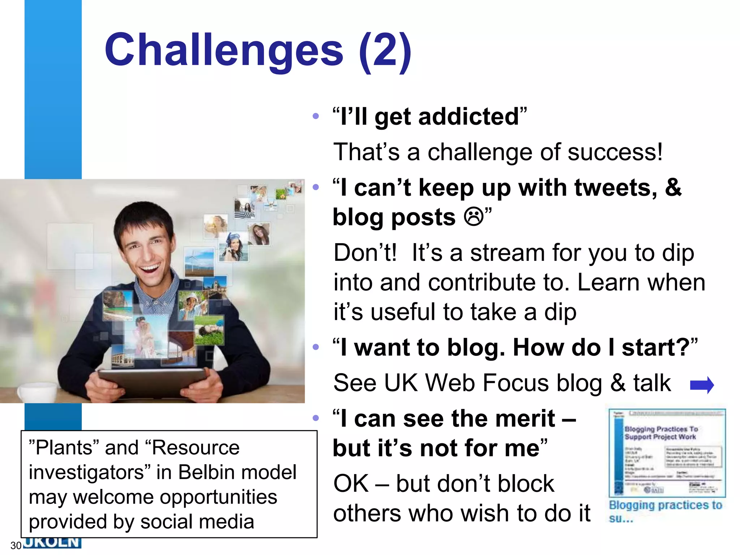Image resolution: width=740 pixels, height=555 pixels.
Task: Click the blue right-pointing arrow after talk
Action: click(702, 385)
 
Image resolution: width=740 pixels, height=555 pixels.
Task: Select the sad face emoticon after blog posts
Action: click(474, 217)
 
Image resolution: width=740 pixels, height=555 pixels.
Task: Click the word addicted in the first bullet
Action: click(469, 117)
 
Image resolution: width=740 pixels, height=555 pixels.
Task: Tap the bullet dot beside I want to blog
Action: click(316, 347)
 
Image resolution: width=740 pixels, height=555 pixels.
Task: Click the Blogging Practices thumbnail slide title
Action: click(661, 433)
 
